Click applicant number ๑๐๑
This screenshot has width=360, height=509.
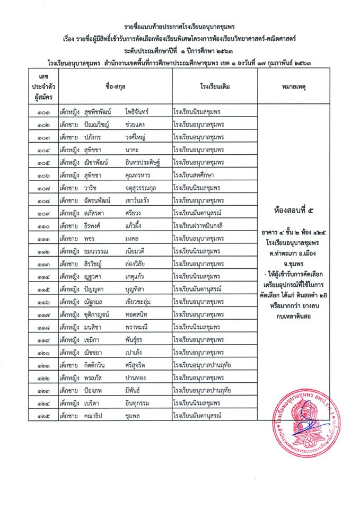pos(43,112)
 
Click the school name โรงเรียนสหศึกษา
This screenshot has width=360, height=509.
pos(194,175)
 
